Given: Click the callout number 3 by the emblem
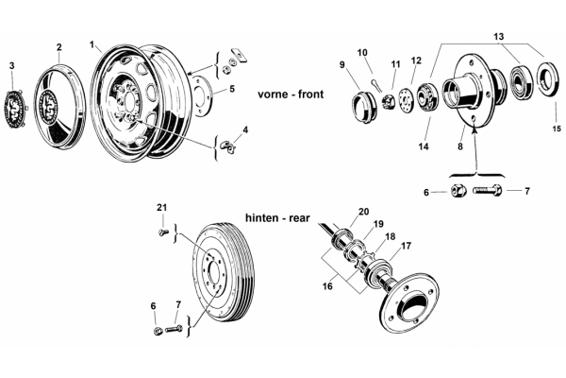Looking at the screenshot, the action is coord(12,65).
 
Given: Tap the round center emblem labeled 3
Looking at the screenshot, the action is coord(14,108).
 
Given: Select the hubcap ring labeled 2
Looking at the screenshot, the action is coord(60,107).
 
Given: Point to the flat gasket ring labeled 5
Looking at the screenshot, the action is coord(202,94).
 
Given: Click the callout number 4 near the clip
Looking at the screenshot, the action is coord(245,129).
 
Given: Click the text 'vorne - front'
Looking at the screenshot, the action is coord(291,94).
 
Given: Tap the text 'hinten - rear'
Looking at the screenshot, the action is coord(277,218).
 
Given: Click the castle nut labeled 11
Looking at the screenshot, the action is coord(389,100).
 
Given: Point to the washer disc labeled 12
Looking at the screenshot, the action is coord(406,99).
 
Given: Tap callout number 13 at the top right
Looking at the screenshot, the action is coord(498,37).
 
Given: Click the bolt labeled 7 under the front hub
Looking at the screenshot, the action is coord(487,190).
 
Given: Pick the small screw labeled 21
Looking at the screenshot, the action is coord(162,232).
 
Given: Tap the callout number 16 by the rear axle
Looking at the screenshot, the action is coord(327,286).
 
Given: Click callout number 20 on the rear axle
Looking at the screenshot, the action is coord(363,212).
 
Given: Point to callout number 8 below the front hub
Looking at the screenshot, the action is coord(460,146).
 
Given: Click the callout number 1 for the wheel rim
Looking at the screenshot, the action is coord(92,44).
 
